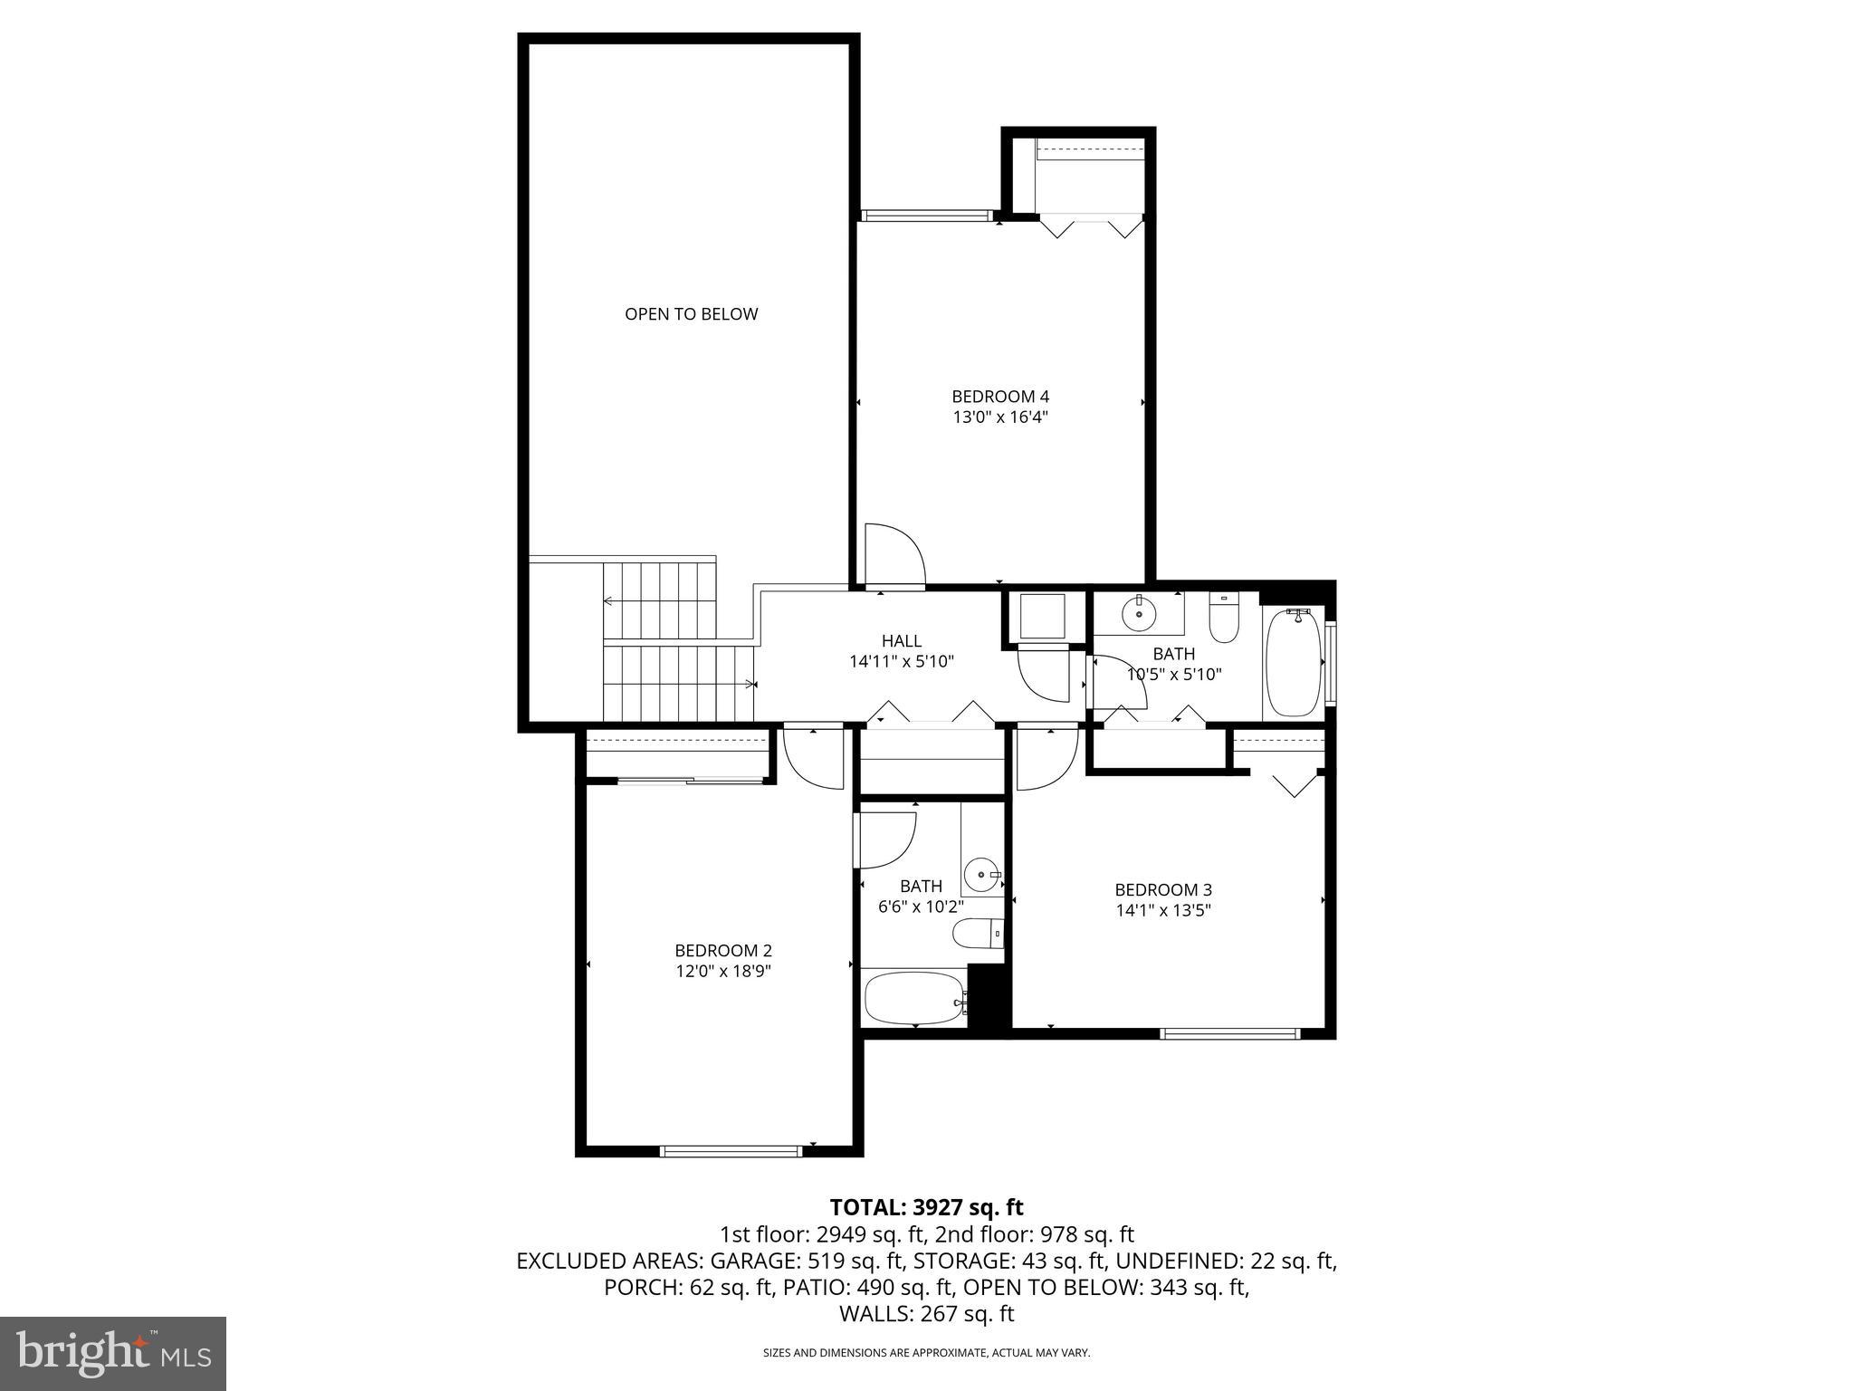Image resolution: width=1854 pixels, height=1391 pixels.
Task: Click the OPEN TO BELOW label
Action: [x=691, y=314]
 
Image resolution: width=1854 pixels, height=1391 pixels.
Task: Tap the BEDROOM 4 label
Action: [x=999, y=397]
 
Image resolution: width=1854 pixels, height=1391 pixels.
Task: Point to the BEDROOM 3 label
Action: [x=1162, y=889]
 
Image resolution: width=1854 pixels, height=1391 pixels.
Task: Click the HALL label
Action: [x=901, y=641]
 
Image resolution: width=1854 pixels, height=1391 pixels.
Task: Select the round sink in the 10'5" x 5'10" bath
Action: [x=1138, y=614]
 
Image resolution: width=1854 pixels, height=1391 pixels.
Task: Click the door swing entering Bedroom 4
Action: [x=894, y=557]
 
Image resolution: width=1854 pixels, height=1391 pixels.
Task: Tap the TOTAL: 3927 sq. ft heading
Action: [x=926, y=1207]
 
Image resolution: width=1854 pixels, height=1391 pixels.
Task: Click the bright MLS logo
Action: [x=113, y=1355]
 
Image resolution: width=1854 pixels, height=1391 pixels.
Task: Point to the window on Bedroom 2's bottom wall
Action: [x=731, y=1151]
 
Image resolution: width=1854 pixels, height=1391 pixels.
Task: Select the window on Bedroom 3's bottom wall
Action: [x=1229, y=1033]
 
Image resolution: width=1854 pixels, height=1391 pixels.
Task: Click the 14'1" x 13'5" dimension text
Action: [x=1162, y=910]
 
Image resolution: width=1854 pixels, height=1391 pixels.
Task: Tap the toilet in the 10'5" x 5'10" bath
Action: [x=1223, y=619]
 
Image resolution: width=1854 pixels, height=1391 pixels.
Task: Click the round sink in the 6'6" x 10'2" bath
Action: [x=981, y=875]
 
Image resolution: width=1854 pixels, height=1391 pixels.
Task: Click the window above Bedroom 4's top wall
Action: [x=926, y=216]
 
